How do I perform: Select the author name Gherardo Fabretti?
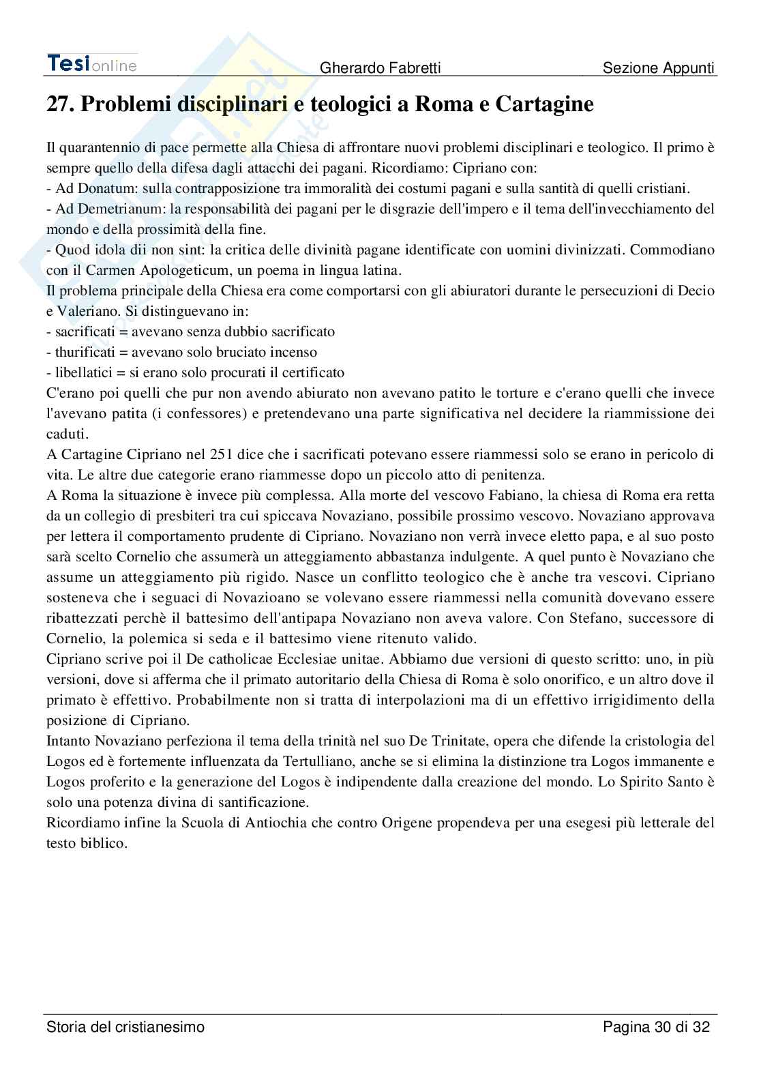tap(380, 68)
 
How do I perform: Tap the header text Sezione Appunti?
tap(658, 68)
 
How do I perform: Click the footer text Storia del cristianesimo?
tap(125, 1027)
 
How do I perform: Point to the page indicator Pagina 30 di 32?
tap(657, 1027)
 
